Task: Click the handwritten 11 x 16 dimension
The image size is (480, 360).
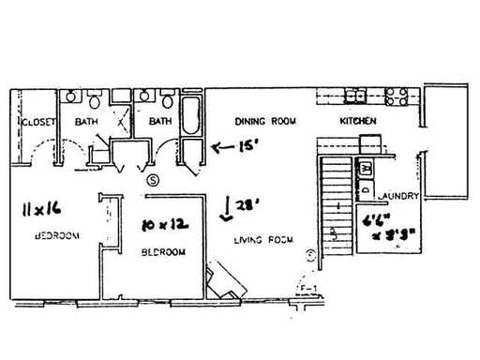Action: (39, 211)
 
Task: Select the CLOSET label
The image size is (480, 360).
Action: (37, 121)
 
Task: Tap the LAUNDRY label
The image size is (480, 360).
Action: (397, 197)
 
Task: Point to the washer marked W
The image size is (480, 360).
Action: (367, 168)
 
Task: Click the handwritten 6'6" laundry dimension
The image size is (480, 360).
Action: (379, 222)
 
